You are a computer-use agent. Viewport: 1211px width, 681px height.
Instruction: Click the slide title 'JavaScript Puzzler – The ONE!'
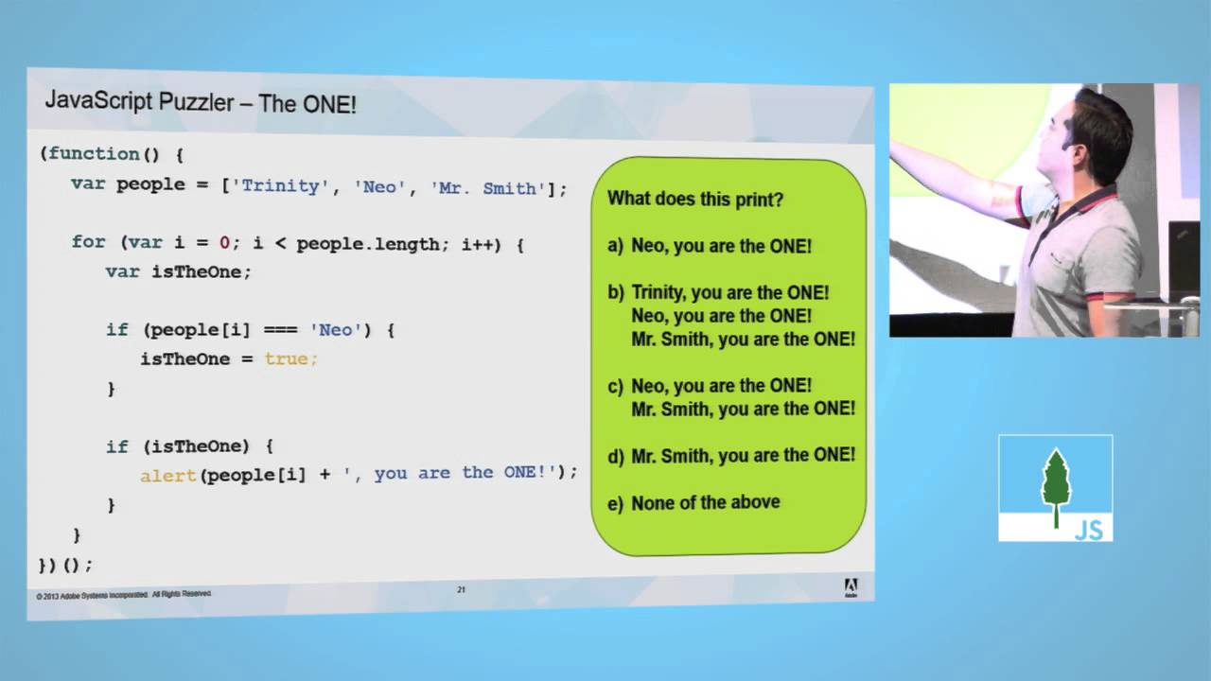[201, 102]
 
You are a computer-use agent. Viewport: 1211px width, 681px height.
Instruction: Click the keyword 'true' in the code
[288, 359]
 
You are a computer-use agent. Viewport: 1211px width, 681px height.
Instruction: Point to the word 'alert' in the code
[168, 476]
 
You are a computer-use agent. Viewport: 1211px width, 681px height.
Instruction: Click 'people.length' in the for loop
[367, 243]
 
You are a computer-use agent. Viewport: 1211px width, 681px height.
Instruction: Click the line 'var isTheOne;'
[179, 271]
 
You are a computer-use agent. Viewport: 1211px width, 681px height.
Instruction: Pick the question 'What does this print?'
[694, 200]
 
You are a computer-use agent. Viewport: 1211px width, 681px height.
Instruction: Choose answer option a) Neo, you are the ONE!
[710, 246]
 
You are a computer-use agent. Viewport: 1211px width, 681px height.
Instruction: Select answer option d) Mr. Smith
[731, 455]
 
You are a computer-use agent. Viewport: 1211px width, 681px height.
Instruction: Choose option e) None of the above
[694, 503]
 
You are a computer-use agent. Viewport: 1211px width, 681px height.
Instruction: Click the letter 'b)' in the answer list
[616, 293]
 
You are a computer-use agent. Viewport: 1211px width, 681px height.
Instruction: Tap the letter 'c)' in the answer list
[616, 386]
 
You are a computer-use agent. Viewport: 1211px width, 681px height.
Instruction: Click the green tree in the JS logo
[1056, 480]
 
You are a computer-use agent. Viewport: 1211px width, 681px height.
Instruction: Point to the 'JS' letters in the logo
[1089, 530]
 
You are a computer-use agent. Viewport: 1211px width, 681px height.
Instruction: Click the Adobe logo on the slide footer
[850, 587]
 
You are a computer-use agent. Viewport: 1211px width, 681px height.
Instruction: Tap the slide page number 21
[462, 590]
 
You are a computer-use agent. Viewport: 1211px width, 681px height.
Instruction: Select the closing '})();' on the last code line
[65, 565]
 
